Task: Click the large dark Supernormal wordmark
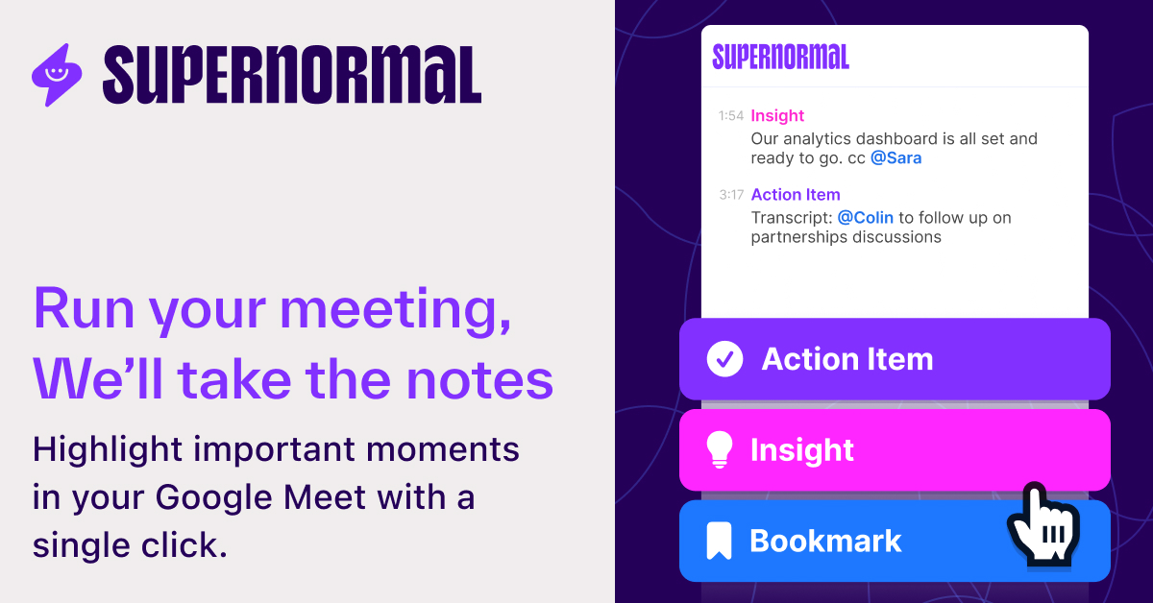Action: click(x=291, y=75)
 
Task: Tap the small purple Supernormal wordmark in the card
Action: click(x=780, y=58)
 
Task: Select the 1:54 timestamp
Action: click(x=730, y=116)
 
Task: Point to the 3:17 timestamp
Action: click(x=730, y=195)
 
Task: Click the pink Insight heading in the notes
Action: click(x=777, y=116)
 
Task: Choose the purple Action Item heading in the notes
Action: click(x=796, y=195)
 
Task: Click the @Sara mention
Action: click(x=895, y=158)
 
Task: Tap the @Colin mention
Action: click(x=865, y=218)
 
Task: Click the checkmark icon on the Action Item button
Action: click(x=724, y=359)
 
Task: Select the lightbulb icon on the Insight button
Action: click(x=720, y=449)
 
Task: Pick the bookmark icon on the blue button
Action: click(x=719, y=541)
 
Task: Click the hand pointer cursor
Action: click(x=1042, y=524)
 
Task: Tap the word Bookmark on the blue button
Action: click(x=825, y=541)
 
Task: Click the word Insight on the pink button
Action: click(x=802, y=449)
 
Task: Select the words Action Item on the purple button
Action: click(x=847, y=359)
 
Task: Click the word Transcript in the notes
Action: click(x=791, y=218)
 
